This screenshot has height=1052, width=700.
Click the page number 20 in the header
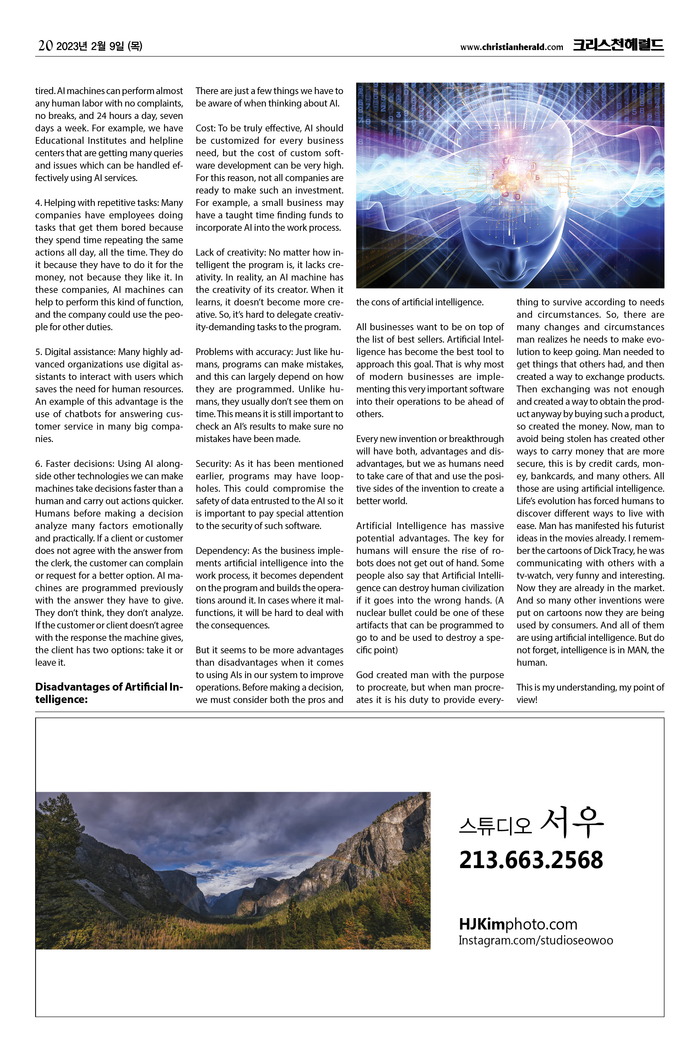(x=45, y=45)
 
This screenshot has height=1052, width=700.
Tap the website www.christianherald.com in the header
(x=512, y=47)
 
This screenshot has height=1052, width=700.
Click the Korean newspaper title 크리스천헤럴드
(x=618, y=45)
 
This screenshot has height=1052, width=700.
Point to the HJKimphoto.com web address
(x=518, y=924)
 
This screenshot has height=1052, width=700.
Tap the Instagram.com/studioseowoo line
(x=535, y=941)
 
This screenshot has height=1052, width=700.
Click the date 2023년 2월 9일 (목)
(x=99, y=46)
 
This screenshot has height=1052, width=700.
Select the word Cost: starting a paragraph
(x=205, y=128)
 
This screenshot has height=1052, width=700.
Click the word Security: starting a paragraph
(x=214, y=464)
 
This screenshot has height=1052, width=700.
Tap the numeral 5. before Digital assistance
(x=39, y=352)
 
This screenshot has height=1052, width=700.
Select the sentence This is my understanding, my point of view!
(x=590, y=693)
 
